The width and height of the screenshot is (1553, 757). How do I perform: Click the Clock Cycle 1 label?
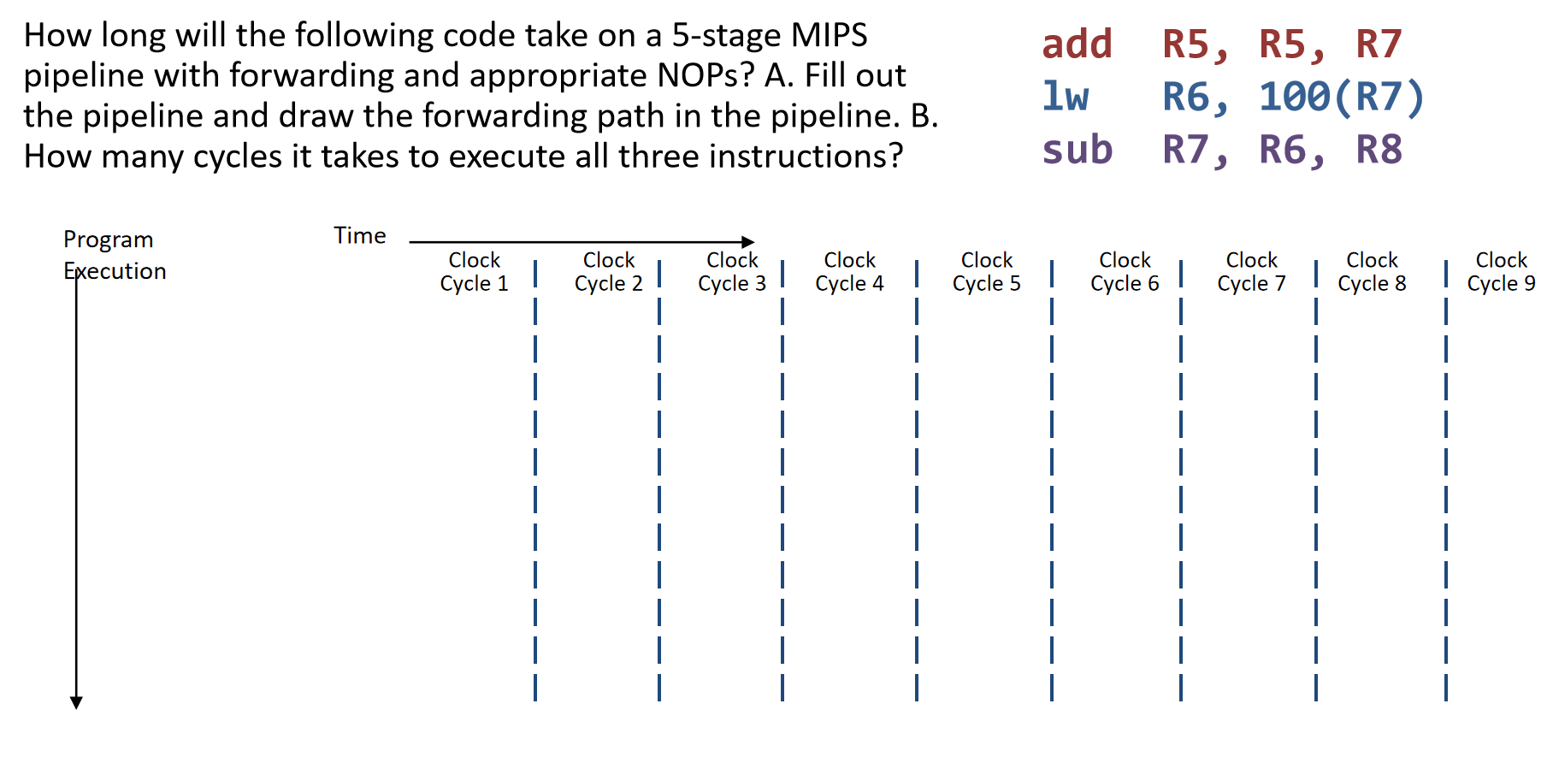point(474,272)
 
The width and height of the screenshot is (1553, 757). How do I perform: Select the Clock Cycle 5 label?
point(986,272)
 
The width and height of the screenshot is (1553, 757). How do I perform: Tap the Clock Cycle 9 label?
point(1501,272)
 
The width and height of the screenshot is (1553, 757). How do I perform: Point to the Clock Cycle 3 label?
point(732,272)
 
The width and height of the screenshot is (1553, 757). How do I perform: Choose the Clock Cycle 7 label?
point(1251,272)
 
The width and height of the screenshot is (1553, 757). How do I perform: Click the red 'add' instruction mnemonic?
point(1077,44)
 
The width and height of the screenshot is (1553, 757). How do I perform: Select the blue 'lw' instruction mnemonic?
point(1066,96)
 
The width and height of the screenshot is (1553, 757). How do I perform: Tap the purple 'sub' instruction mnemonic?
point(1077,150)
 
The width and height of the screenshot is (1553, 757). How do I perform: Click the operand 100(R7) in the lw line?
point(1341,97)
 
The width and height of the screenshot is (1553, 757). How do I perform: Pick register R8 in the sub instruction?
point(1379,150)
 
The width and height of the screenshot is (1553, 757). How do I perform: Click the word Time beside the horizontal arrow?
point(359,235)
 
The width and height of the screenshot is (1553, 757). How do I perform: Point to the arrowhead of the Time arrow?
point(748,242)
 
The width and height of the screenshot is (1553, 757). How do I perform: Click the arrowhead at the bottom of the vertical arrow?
point(76,702)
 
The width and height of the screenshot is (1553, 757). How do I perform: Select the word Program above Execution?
point(108,240)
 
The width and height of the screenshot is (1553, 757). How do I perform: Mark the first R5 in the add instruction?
point(1195,44)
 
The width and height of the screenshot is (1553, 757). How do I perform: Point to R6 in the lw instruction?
point(1195,97)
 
